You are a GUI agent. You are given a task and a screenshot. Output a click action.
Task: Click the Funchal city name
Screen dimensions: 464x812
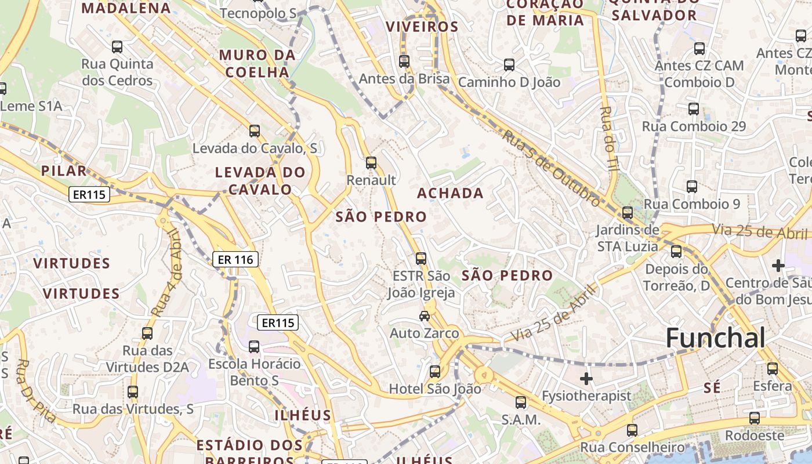click(716, 338)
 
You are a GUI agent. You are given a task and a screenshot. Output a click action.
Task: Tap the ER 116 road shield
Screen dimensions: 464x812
click(235, 259)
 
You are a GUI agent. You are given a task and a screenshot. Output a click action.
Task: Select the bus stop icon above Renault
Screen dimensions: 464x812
click(371, 163)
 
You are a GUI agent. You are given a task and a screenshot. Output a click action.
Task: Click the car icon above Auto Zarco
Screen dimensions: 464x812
click(425, 316)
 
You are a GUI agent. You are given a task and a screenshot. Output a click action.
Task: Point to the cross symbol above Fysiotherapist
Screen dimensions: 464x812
click(586, 379)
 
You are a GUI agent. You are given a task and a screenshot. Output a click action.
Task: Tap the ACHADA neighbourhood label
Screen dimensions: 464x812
click(450, 193)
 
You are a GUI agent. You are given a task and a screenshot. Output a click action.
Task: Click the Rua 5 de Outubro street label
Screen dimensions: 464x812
click(551, 168)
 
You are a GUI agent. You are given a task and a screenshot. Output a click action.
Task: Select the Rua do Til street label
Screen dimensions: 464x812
click(607, 138)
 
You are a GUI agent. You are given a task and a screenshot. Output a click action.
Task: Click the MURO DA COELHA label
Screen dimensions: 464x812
click(257, 64)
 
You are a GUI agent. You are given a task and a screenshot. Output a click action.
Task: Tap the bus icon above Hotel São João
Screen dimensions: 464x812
click(435, 372)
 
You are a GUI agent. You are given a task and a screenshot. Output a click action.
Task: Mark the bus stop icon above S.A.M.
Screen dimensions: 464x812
click(521, 402)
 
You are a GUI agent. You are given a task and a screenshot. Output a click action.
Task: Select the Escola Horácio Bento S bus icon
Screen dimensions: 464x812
click(254, 347)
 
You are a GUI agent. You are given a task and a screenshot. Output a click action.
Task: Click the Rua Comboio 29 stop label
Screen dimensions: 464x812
click(694, 126)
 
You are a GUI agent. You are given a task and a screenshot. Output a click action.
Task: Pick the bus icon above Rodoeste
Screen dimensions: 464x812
click(754, 418)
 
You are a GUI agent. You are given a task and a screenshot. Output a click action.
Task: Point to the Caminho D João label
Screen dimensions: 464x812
click(509, 82)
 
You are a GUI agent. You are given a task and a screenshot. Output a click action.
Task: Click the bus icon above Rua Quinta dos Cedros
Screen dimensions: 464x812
click(117, 47)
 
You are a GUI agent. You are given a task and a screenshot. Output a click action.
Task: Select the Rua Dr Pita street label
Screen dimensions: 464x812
click(36, 391)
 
